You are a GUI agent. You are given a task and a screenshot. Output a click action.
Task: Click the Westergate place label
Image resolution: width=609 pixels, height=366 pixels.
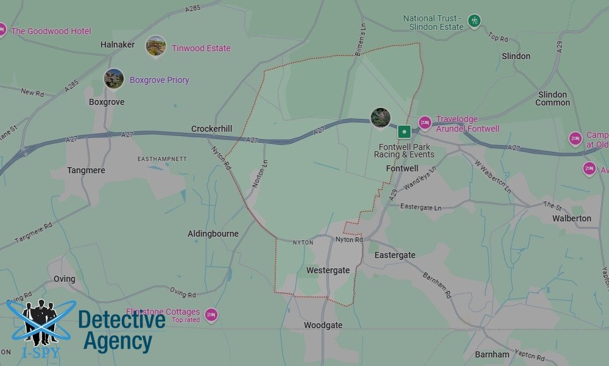pyautogui.click(x=328, y=270)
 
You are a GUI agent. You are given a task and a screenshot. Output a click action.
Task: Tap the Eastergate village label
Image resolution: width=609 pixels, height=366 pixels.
pyautogui.click(x=395, y=255)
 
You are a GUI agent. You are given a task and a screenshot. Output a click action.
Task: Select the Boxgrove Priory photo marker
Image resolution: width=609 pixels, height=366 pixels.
pyautogui.click(x=114, y=79)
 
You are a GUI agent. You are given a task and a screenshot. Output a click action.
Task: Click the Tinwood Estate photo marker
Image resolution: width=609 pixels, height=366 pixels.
pyautogui.click(x=156, y=46)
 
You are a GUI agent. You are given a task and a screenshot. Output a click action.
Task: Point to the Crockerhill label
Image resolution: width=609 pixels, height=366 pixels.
pyautogui.click(x=211, y=129)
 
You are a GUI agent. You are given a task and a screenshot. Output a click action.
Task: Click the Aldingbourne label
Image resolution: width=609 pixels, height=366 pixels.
pyautogui.click(x=213, y=234)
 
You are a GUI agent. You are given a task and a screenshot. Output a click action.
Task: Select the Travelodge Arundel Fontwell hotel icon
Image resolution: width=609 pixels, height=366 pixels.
pyautogui.click(x=425, y=124)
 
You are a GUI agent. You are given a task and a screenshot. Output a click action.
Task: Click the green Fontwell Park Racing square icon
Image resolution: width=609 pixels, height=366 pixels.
pyautogui.click(x=404, y=131)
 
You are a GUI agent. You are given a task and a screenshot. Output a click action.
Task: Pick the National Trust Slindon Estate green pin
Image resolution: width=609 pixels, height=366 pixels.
pyautogui.click(x=474, y=21)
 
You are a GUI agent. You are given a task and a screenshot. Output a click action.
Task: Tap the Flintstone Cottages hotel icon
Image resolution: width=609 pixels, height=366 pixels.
pyautogui.click(x=211, y=315)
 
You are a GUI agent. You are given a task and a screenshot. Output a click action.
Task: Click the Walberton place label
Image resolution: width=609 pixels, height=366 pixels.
pyautogui.click(x=571, y=218)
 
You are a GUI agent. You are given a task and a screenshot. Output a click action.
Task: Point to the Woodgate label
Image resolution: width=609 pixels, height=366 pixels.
pyautogui.click(x=323, y=325)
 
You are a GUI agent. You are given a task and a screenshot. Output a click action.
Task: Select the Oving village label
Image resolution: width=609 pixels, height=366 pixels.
pyautogui.click(x=64, y=279)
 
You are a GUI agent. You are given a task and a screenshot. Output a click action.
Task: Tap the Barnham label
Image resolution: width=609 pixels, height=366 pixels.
pyautogui.click(x=492, y=354)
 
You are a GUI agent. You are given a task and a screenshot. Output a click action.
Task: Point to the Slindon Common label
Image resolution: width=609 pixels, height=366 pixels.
pyautogui.click(x=552, y=98)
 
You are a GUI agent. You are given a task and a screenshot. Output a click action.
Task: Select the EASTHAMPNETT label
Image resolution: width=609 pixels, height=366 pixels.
pyautogui.click(x=162, y=159)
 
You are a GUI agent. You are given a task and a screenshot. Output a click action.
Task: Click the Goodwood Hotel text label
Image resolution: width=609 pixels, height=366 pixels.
pyautogui.click(x=51, y=31)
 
